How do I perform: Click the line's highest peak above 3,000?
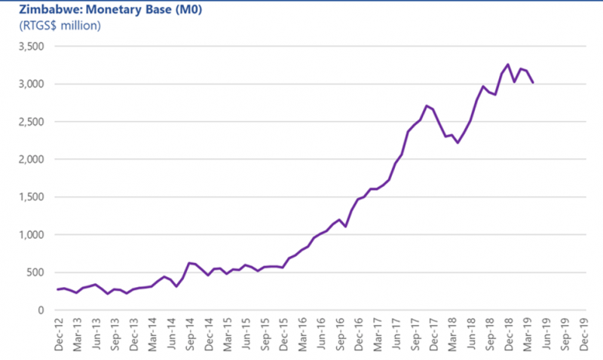pos(507,64)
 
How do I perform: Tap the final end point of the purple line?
pos(533,83)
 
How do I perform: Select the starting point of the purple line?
pos(57,289)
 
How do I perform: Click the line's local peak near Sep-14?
pos(188,263)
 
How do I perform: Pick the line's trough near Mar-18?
pos(458,142)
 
